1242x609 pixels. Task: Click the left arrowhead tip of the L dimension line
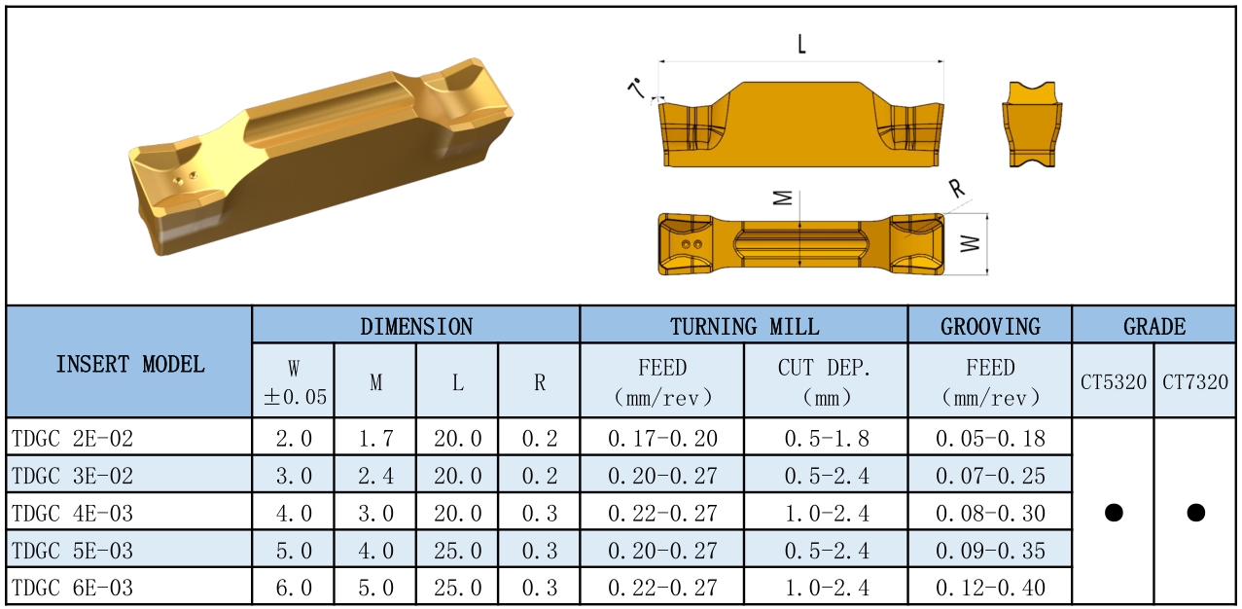pos(659,61)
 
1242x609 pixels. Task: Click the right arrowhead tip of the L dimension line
pos(943,61)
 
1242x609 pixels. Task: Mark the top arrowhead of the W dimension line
pos(987,214)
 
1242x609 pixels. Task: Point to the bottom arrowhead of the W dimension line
pos(987,273)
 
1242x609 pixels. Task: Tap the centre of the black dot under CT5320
pos(1114,512)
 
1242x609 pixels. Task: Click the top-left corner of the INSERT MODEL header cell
pos(7,306)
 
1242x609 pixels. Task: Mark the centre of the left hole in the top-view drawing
pos(687,244)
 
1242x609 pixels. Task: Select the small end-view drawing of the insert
pos(1032,125)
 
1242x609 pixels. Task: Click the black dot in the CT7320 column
pos(1195,512)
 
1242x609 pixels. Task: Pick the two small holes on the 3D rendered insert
pos(185,178)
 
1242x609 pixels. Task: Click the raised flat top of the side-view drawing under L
pos(801,84)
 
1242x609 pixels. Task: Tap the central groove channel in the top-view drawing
pos(800,243)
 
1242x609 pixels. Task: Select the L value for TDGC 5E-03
pos(457,551)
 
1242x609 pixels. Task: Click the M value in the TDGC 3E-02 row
pos(375,476)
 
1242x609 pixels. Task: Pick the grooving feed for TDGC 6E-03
pos(990,588)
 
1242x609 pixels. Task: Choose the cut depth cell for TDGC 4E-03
pos(827,513)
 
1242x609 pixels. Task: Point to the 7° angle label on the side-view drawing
pos(637,88)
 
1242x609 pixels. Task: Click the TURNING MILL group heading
pos(744,326)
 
